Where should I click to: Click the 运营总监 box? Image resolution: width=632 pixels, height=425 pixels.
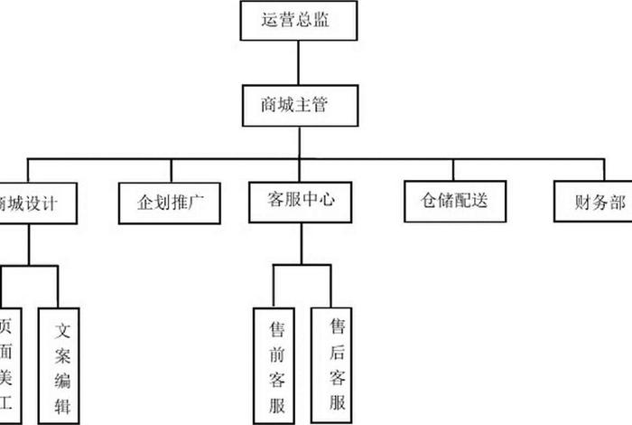click(298, 21)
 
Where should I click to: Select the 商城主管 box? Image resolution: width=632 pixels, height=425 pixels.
click(298, 106)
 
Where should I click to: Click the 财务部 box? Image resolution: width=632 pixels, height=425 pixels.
click(592, 202)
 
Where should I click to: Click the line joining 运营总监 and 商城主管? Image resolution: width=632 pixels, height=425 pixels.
click(298, 62)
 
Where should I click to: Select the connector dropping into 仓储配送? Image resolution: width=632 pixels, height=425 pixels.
click(453, 169)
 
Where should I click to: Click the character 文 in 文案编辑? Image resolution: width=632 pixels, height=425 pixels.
click(63, 330)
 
